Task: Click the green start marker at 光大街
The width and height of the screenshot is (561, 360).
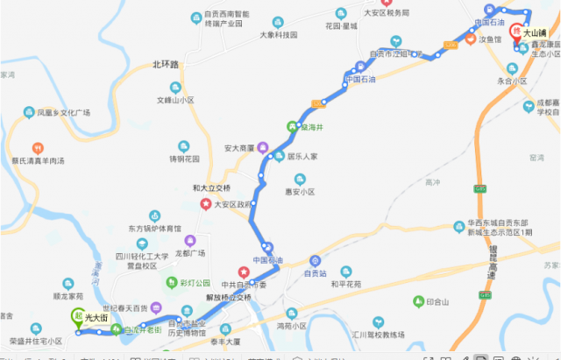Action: pyautogui.click(x=77, y=317)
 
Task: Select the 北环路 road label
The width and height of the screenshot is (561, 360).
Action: pyautogui.click(x=165, y=64)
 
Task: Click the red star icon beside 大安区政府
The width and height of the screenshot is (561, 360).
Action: pyautogui.click(x=206, y=204)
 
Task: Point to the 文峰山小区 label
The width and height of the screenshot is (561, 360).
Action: pyautogui.click(x=175, y=101)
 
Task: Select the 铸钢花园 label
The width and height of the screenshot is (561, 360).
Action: pyautogui.click(x=185, y=159)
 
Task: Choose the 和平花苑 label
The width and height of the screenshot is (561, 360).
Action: pyautogui.click(x=344, y=285)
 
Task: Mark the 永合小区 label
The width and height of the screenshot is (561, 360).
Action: pyautogui.click(x=512, y=81)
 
